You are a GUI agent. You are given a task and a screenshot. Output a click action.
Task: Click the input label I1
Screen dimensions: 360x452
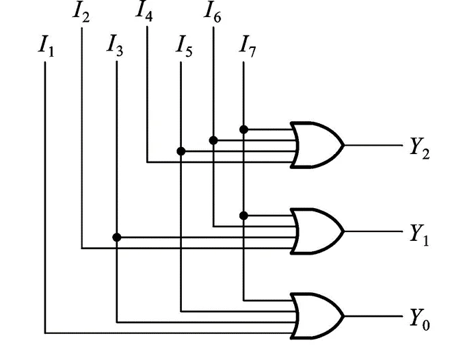(x=46, y=47)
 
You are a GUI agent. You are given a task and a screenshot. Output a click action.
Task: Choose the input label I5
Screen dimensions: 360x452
(x=183, y=47)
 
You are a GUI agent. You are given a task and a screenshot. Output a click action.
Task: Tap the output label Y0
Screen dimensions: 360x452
(x=419, y=320)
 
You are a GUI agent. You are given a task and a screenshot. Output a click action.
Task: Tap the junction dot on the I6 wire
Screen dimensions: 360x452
(x=213, y=140)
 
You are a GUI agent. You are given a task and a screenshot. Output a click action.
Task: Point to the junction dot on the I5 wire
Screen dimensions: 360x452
(x=181, y=151)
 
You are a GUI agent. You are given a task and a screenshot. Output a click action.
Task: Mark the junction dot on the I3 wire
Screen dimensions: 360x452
(x=117, y=237)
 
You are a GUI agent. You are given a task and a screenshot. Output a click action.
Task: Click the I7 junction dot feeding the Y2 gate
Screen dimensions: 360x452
(x=244, y=129)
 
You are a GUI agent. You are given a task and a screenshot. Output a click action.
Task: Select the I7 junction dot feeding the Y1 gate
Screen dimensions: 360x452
(x=244, y=215)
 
